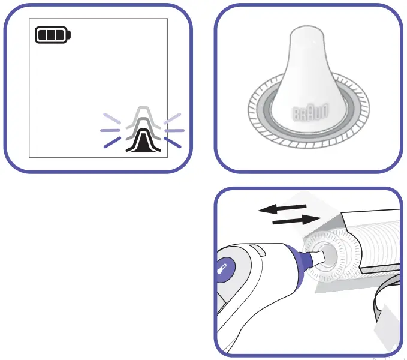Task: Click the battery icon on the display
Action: pyautogui.click(x=53, y=35)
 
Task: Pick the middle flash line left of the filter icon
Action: pyautogui.click(x=108, y=130)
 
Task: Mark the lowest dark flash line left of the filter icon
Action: pyautogui.click(x=111, y=142)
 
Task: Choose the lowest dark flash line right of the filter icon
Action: pyautogui.click(x=172, y=142)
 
